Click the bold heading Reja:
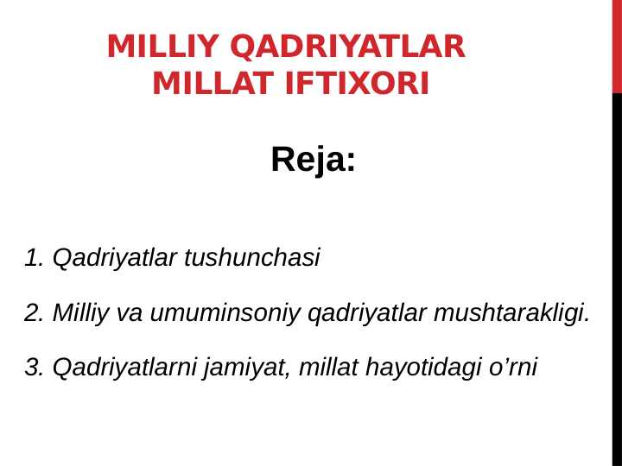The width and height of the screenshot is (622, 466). point(313,160)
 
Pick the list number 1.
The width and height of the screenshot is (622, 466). point(34,257)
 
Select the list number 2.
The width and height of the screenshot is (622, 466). point(34,312)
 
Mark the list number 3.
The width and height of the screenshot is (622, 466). point(34,368)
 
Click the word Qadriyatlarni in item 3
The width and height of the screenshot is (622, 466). point(126,368)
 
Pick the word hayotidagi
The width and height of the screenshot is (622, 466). point(416,368)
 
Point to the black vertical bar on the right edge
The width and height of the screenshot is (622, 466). point(617,276)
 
